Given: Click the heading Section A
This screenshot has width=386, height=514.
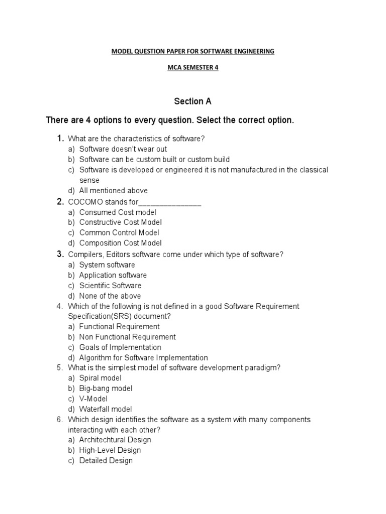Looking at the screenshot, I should (192, 101).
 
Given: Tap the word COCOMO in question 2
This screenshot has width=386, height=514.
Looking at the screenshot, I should (84, 202).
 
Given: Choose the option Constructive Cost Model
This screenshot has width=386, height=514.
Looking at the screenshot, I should (120, 222).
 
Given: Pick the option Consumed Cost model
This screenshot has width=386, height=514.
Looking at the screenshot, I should (118, 212).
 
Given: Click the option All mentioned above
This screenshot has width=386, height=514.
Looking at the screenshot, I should (113, 191).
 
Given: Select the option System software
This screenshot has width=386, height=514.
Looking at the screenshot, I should (107, 265).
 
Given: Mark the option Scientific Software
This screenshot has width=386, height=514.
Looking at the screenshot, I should (110, 286).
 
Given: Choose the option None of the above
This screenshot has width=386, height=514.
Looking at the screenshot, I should (110, 296).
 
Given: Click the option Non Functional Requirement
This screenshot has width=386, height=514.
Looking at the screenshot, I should (127, 337).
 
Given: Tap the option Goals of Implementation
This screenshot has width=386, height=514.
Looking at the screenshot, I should (120, 347).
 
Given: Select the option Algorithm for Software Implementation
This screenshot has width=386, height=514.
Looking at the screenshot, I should (143, 358).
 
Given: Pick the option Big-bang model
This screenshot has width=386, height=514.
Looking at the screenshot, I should (106, 389).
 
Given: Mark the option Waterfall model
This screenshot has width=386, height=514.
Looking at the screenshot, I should (106, 409).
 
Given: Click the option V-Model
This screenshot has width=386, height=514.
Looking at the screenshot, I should (93, 399).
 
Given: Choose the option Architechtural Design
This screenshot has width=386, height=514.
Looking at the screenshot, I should (115, 440).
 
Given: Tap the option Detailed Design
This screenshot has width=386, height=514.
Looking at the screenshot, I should (106, 460).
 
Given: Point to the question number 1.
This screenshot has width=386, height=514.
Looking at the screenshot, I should (60, 139).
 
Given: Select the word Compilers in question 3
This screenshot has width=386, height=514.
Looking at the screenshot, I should (85, 254).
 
